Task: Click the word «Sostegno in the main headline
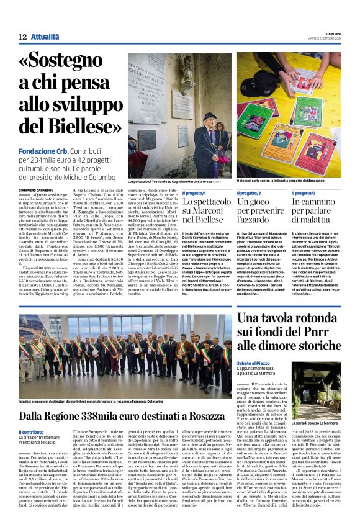(66, 63)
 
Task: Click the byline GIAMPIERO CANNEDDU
(37, 190)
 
